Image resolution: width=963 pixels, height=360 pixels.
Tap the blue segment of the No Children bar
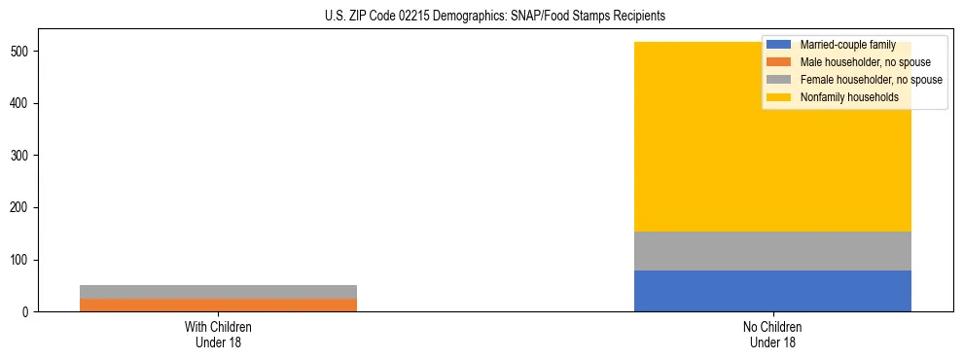click(772, 291)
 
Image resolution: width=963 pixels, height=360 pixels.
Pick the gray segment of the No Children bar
click(772, 251)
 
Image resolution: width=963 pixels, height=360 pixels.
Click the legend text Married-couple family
click(847, 45)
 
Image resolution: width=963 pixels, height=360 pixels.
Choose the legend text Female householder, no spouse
click(871, 80)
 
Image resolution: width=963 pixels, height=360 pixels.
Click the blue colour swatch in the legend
click(779, 45)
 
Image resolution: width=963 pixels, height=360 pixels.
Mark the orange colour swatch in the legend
click(779, 62)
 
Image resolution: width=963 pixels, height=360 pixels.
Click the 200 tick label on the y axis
click(21, 208)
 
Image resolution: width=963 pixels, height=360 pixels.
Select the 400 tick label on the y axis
click(21, 103)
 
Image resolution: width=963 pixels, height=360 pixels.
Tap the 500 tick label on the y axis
click(21, 52)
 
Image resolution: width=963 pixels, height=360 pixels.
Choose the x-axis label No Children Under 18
click(772, 335)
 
